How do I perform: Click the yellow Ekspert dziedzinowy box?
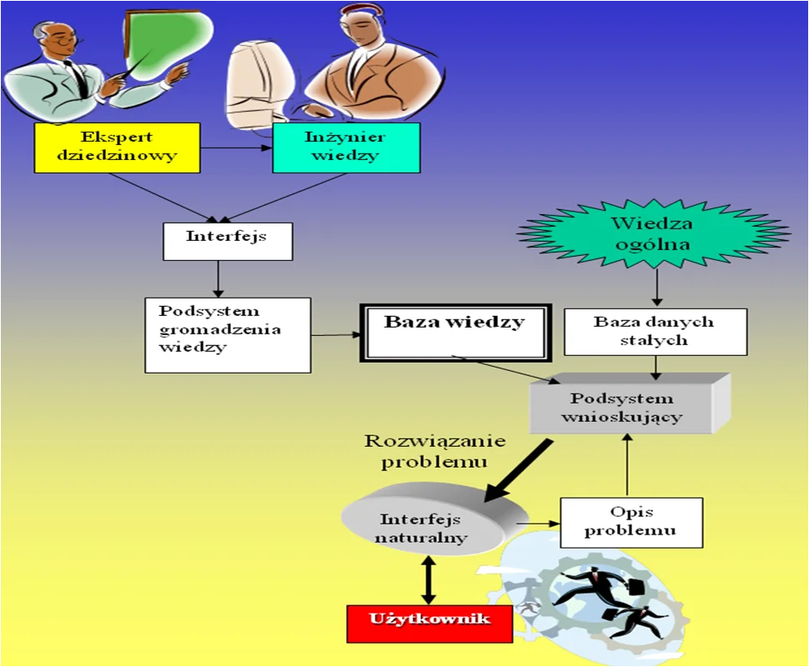[117, 148]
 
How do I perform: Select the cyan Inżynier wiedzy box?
[346, 148]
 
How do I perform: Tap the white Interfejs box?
[228, 242]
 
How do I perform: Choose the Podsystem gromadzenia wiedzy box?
[228, 335]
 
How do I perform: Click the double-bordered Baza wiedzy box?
[455, 333]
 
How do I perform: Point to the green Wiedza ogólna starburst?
[653, 233]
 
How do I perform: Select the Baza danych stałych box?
[656, 332]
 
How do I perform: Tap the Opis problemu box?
[631, 523]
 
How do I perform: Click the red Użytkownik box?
[430, 624]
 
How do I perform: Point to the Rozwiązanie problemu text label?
[435, 451]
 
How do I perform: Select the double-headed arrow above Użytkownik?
[428, 579]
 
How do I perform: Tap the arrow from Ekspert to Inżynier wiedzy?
[236, 148]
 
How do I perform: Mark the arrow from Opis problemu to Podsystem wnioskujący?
[627, 465]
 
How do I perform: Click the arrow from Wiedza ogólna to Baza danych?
[656, 287]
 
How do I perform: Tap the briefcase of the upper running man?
[636, 587]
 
